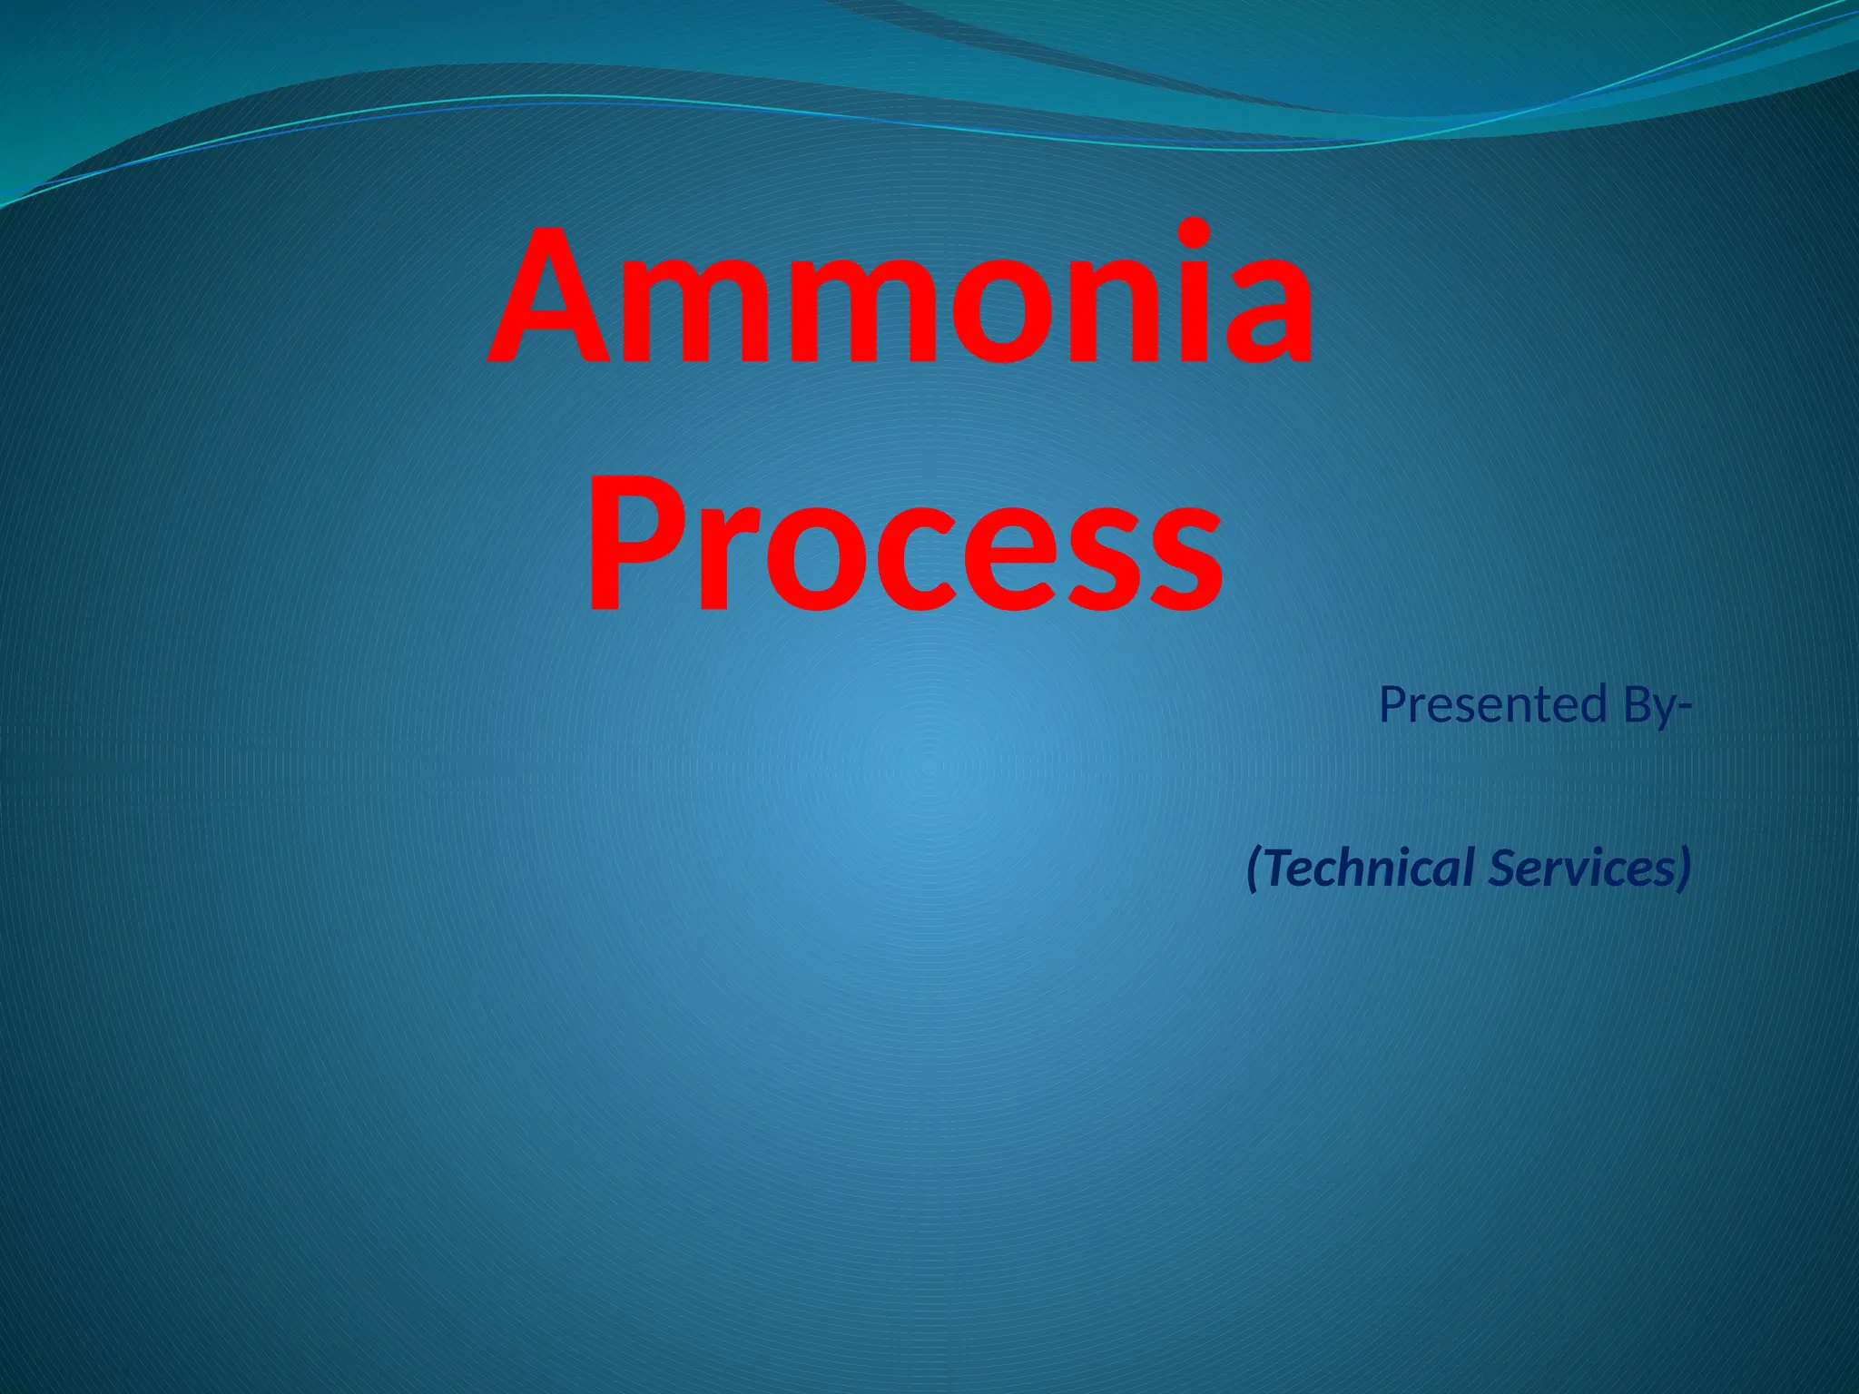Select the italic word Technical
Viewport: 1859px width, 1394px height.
click(x=1371, y=867)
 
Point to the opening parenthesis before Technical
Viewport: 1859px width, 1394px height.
click(x=1255, y=869)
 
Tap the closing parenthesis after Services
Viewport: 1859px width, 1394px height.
click(x=1684, y=869)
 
